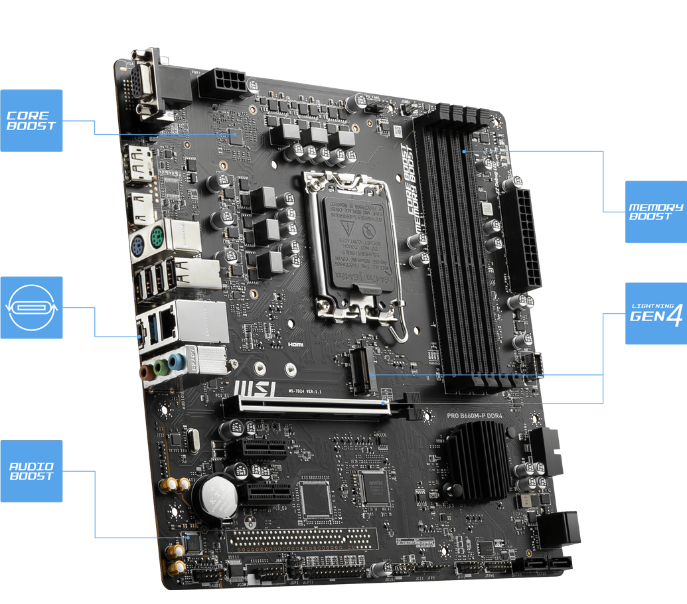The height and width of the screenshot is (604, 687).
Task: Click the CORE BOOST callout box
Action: [31, 120]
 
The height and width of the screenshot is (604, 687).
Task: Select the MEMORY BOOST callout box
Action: [656, 211]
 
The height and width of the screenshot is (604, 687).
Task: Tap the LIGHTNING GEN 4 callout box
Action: [656, 313]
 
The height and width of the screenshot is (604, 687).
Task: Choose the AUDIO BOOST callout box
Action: [31, 471]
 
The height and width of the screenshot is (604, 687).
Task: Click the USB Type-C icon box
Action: [31, 307]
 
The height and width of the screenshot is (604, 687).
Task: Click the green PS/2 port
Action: [157, 236]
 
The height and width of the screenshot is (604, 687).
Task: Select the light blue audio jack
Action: [175, 361]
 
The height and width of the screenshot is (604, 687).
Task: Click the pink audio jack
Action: [145, 372]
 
